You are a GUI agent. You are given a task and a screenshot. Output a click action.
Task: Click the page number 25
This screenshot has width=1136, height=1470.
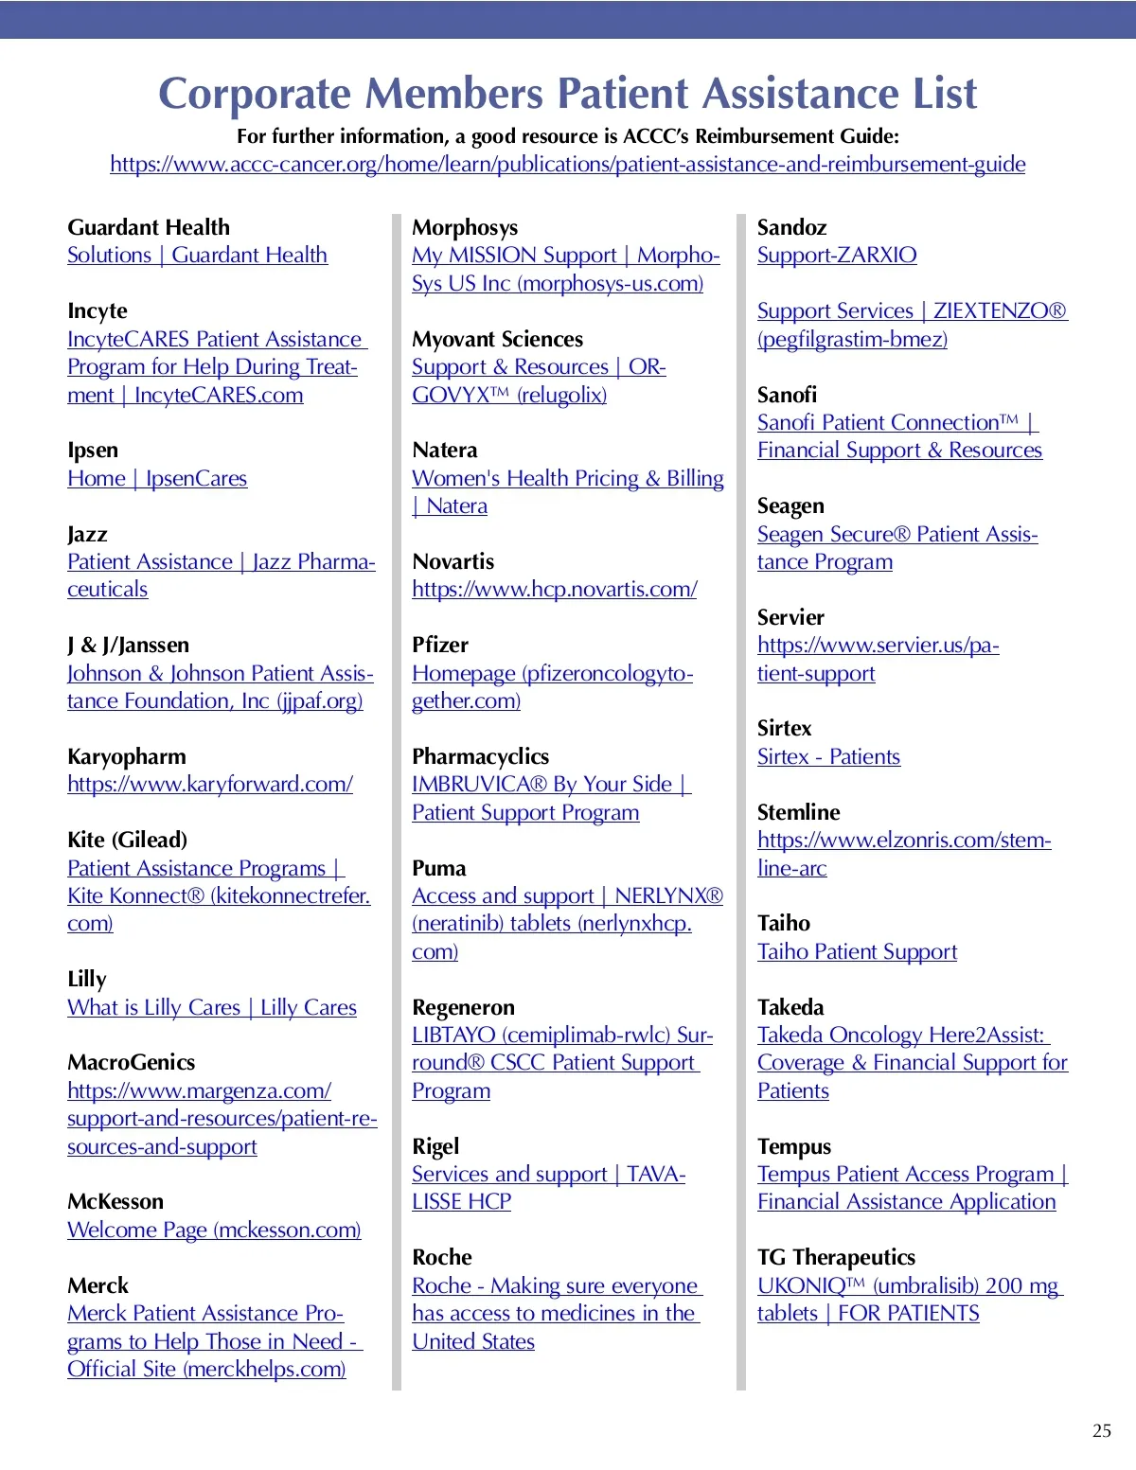[x=1101, y=1430]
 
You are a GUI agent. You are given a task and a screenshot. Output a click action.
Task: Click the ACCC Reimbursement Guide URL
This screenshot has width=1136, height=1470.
[x=567, y=165]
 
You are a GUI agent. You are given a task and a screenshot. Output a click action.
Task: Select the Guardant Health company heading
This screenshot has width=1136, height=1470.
[x=149, y=227]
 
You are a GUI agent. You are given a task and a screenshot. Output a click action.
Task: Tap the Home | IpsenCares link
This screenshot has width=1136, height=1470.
[x=157, y=479]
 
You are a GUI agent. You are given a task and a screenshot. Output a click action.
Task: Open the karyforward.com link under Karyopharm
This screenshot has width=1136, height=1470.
[x=210, y=785]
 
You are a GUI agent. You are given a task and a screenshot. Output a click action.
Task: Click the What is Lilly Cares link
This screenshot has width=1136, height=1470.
[x=212, y=1008]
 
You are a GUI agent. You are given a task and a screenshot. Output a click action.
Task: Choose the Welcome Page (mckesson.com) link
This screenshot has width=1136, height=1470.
[x=214, y=1231]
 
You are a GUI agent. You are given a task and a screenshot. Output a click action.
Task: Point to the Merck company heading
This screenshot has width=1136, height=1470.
[x=98, y=1285]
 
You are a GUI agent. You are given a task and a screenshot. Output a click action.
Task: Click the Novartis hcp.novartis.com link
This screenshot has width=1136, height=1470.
[x=555, y=590]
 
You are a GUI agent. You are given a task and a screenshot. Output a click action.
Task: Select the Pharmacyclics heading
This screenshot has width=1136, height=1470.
[x=480, y=756]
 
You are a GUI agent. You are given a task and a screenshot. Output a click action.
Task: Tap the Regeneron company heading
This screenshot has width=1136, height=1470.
[x=463, y=1007]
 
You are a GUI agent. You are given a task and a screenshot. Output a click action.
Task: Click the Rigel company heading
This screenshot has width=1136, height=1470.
[x=435, y=1146]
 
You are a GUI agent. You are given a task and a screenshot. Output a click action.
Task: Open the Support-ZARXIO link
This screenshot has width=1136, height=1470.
[x=837, y=256]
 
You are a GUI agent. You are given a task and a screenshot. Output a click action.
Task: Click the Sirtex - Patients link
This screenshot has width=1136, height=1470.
[x=828, y=757]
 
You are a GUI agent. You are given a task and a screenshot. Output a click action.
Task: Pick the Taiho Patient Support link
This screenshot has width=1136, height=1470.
[x=857, y=952]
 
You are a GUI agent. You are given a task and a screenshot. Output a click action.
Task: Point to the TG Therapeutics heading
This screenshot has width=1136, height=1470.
[x=836, y=1257]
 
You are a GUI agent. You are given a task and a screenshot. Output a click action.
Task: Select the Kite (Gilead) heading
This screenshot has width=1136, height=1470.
[x=127, y=840]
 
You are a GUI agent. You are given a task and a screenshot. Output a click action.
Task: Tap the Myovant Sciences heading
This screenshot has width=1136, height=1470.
[x=497, y=339]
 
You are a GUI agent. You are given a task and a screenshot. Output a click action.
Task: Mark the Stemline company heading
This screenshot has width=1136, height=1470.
[x=798, y=812]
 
